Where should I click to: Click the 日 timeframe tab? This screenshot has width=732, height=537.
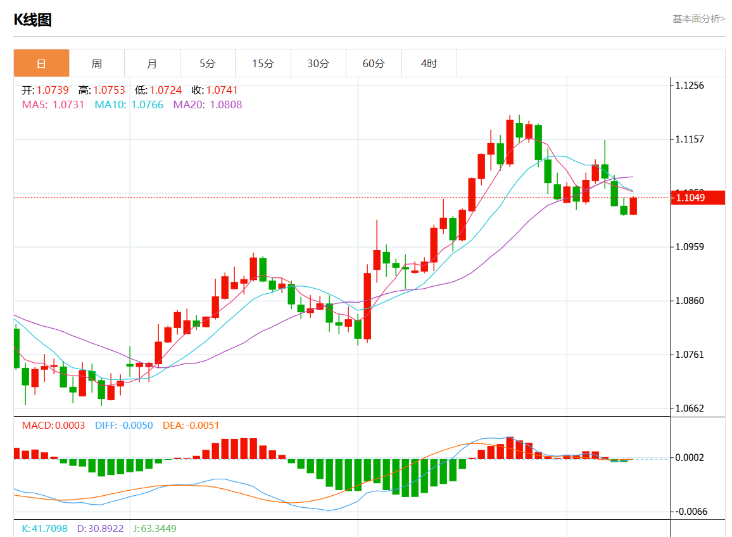41,63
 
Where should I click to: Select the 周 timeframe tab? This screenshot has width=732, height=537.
96,63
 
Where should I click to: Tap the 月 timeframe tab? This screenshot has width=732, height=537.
152,63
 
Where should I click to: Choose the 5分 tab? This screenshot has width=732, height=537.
207,63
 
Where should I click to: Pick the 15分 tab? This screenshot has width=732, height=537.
263,63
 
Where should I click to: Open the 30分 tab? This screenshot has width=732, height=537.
319,63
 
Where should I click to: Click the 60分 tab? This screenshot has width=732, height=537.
374,63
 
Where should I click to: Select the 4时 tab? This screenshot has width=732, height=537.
429,63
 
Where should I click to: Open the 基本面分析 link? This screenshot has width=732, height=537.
698,19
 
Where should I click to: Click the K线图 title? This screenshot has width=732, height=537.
33,20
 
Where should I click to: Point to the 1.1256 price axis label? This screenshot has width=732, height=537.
690,85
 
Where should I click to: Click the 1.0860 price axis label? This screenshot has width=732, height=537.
690,301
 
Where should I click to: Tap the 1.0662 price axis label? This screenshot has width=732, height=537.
690,408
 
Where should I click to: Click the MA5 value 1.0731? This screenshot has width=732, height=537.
68,104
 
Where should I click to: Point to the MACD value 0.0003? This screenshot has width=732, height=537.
70,426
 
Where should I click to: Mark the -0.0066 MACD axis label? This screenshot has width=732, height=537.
690,511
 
